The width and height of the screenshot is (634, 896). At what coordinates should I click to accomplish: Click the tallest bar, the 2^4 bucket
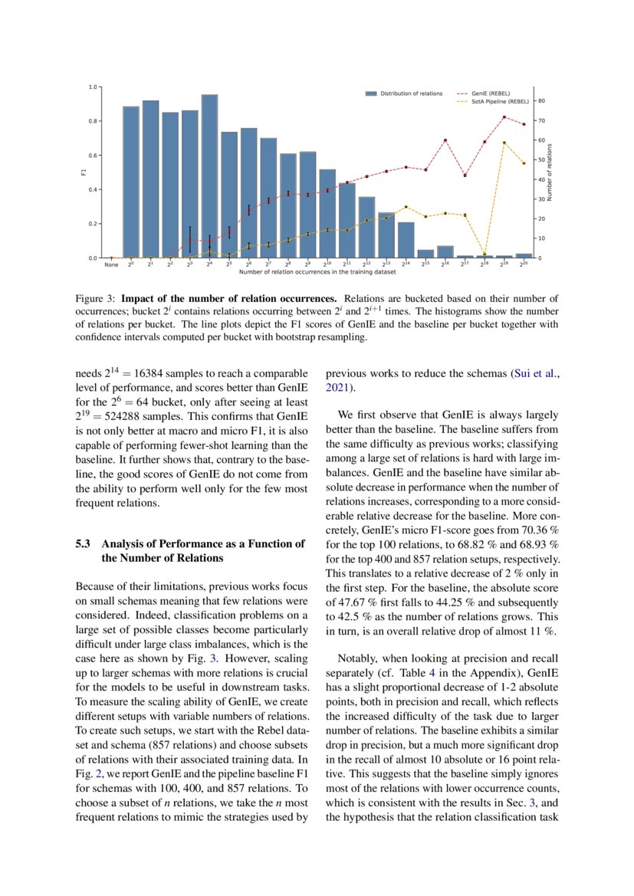point(209,176)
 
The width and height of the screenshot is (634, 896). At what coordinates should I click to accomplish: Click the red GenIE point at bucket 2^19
point(504,117)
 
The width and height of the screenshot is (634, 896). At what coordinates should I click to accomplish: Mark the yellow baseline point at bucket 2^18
point(485,253)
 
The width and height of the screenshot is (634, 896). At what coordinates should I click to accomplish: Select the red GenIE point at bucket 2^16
point(445,140)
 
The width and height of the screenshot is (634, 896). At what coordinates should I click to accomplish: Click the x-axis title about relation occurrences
point(317,272)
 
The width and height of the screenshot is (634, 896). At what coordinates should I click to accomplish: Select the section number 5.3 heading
point(84,544)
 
